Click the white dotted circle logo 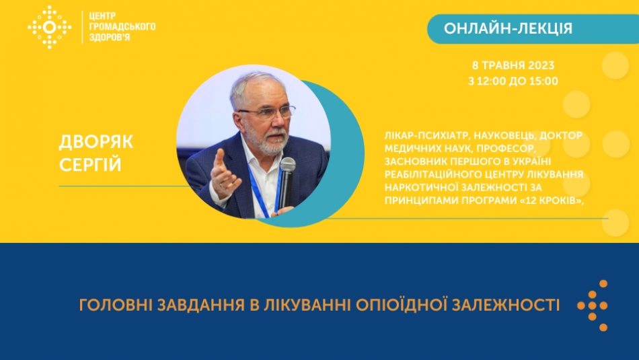tap(49, 28)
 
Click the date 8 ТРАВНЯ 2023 tap(513, 65)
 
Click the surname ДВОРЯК tap(96, 142)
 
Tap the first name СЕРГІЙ tap(90, 165)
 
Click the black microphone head tap(287, 166)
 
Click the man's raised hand tap(223, 174)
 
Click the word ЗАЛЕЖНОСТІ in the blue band tap(505, 305)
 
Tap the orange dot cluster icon tap(593, 305)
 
